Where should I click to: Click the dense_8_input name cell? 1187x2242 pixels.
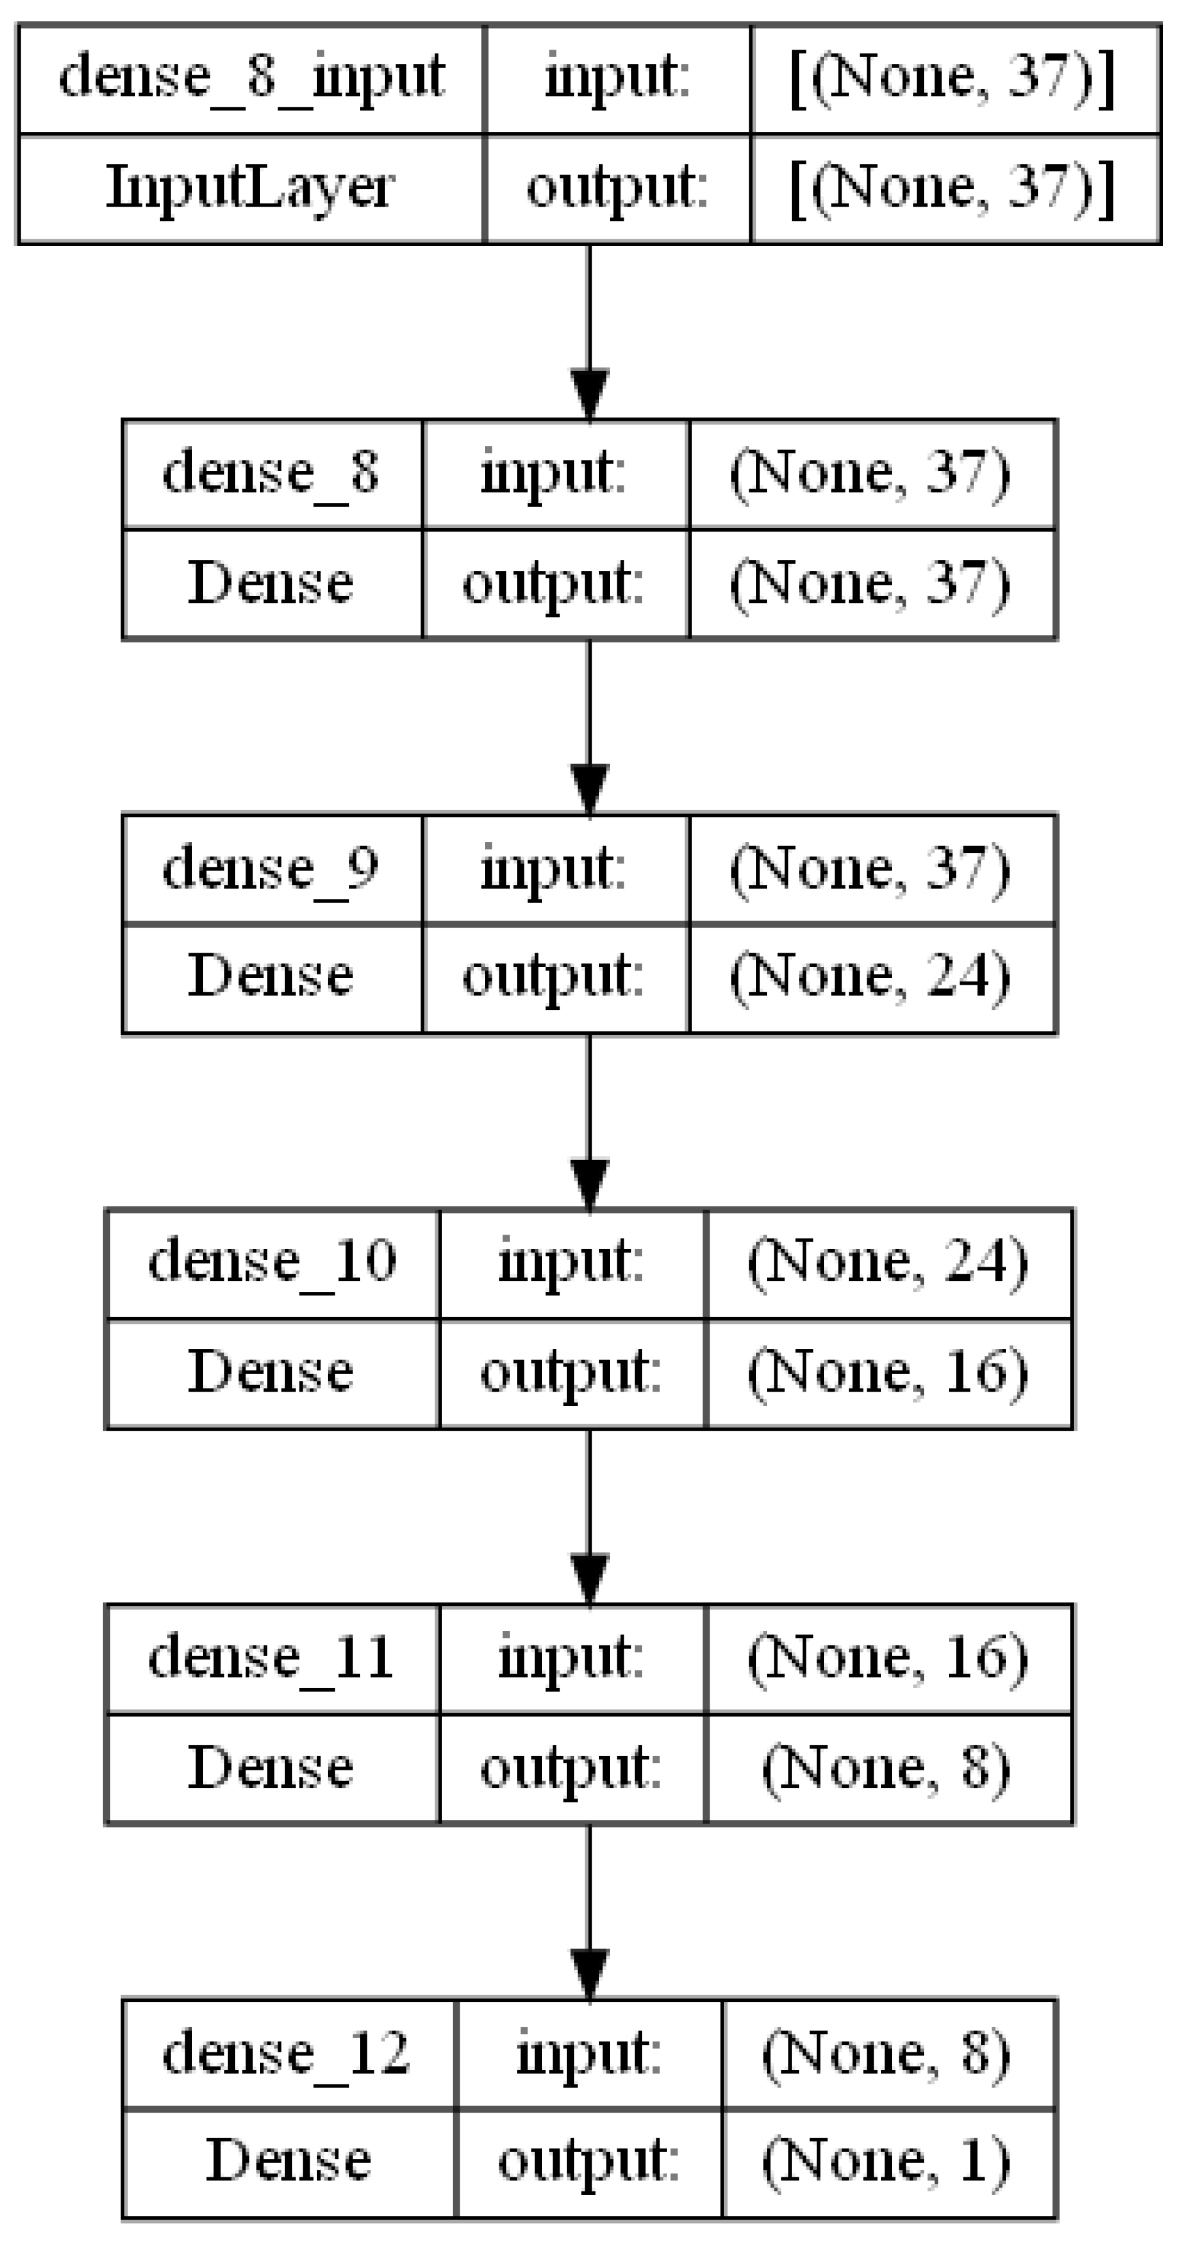click(251, 79)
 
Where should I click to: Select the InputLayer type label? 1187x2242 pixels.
click(251, 188)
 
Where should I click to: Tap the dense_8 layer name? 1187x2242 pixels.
click(271, 474)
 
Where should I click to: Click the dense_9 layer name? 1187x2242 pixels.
click(271, 869)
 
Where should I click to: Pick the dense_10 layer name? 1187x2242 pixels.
click(271, 1263)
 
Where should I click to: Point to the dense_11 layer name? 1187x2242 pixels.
click(271, 1658)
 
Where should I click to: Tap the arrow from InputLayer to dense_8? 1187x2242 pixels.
click(589, 331)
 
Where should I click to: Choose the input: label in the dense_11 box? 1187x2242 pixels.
click(571, 1658)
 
